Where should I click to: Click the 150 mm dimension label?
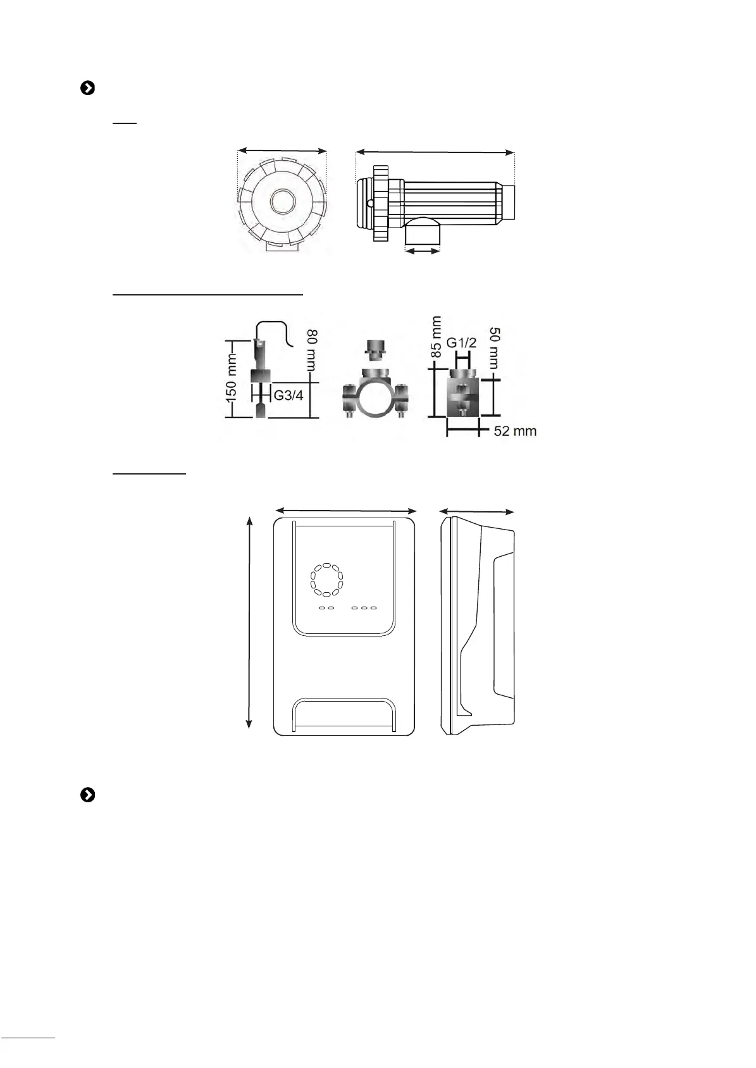pos(231,378)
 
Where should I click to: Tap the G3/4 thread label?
pos(288,395)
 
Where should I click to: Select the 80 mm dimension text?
pos(312,350)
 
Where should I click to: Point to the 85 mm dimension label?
pos(436,337)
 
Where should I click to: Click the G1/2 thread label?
pos(461,342)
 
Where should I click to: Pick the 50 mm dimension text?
pos(494,348)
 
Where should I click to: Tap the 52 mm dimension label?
pos(515,431)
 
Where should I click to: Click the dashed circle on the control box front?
pos(326,580)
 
